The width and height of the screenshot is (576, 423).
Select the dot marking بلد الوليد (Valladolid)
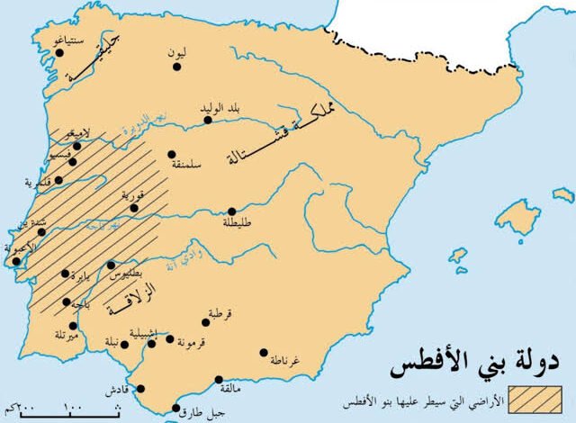(208, 119)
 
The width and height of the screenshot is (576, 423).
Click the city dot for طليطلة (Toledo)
(231, 211)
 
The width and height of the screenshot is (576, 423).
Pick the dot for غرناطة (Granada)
(264, 352)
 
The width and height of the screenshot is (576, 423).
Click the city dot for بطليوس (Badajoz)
(112, 265)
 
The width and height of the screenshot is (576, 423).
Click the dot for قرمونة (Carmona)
(170, 338)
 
